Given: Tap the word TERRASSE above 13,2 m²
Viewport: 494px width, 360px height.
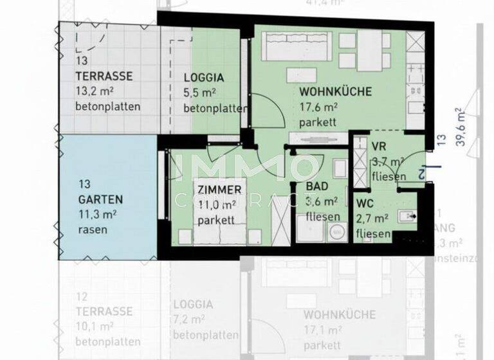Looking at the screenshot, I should tap(104, 76).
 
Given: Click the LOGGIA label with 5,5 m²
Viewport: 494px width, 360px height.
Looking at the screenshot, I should tap(205, 76).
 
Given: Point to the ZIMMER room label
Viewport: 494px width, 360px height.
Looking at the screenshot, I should tap(220, 190).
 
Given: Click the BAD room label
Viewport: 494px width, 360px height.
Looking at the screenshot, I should tap(318, 186).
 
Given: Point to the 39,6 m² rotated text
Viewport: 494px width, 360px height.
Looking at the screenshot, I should tap(460, 127).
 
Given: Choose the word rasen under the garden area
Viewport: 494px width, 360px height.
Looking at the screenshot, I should tap(93, 229).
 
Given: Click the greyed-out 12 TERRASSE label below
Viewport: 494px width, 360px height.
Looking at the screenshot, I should tap(104, 312).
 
